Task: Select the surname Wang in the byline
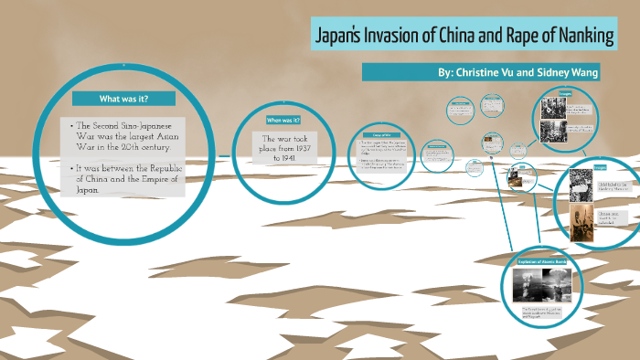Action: tap(582, 71)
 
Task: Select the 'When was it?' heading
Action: tap(283, 120)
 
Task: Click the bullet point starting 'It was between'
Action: tap(128, 180)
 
